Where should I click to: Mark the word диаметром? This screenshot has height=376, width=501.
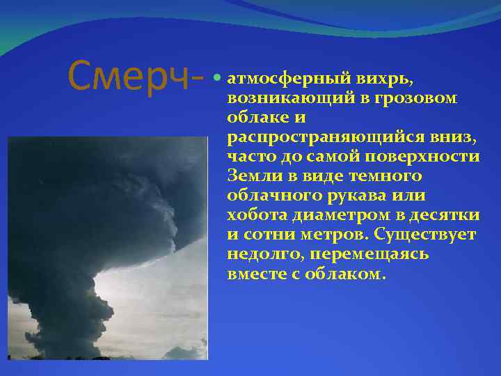click(x=340, y=215)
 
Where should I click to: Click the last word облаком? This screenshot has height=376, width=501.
click(x=344, y=274)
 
